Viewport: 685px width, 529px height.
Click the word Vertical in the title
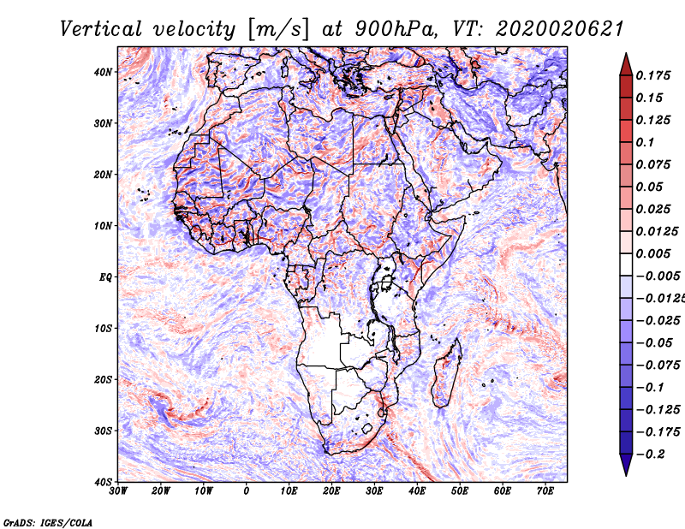[101, 30]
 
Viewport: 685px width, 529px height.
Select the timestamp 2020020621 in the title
[560, 30]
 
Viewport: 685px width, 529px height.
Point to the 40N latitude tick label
[103, 72]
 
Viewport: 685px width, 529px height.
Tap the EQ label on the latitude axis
[105, 277]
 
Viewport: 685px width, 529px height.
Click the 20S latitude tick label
[103, 379]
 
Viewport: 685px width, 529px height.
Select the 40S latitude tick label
[103, 482]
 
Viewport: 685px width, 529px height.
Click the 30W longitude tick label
[118, 491]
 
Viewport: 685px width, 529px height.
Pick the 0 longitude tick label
[247, 491]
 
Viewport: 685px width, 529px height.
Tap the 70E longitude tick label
[545, 491]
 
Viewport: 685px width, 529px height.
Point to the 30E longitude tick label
[374, 491]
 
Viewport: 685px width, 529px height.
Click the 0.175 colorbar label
[653, 76]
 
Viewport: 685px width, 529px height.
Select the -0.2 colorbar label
[651, 455]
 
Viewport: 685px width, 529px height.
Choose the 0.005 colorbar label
[653, 253]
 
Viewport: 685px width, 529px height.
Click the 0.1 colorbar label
[646, 142]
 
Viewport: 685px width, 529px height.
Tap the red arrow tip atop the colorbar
[626, 54]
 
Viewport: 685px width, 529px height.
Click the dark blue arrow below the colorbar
[626, 465]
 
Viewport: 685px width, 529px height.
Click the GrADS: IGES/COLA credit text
[48, 523]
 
